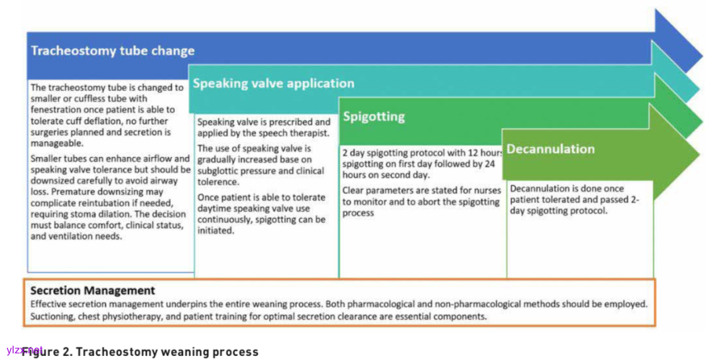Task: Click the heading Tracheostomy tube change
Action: pyautogui.click(x=113, y=51)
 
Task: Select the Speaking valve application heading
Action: pyautogui.click(x=273, y=84)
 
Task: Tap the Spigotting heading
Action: pyautogui.click(x=373, y=117)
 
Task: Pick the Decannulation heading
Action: pyautogui.click(x=550, y=149)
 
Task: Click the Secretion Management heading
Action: pyautogui.click(x=93, y=290)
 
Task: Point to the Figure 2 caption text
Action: pyautogui.click(x=139, y=351)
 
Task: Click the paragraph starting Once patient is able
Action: pyautogui.click(x=261, y=213)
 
